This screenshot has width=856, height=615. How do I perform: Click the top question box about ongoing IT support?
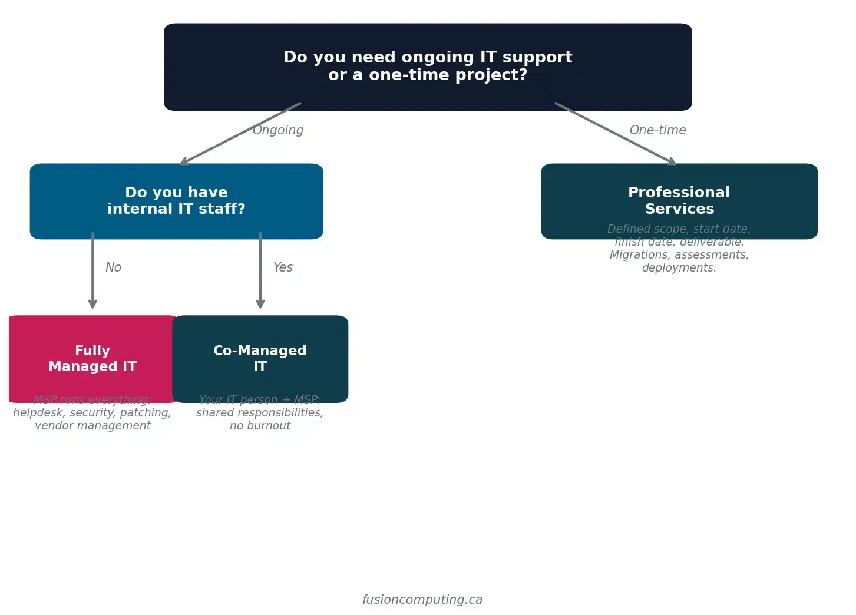click(428, 67)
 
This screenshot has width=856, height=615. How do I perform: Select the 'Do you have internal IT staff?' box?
click(176, 201)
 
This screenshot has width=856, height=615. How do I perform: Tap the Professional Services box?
click(679, 200)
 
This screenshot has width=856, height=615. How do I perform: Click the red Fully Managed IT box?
click(92, 358)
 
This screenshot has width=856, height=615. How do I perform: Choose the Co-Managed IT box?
click(260, 358)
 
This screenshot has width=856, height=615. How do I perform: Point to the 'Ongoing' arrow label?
click(278, 130)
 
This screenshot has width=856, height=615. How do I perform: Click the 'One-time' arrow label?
click(657, 130)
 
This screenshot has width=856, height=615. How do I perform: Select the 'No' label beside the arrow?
click(113, 267)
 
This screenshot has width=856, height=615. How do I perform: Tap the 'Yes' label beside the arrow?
click(283, 267)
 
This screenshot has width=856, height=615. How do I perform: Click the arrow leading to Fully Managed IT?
click(92, 271)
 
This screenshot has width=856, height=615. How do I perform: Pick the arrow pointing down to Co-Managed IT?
click(260, 271)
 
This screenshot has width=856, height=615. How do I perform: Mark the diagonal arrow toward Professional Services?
click(615, 134)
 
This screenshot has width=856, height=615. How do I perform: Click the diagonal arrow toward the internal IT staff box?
click(240, 134)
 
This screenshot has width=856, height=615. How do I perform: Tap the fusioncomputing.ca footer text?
click(422, 600)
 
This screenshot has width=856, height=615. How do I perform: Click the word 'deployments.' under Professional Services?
click(679, 268)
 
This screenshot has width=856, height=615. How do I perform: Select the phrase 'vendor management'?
click(92, 426)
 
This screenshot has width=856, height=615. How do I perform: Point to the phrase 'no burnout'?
click(260, 426)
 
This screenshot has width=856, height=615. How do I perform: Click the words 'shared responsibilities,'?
click(260, 413)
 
